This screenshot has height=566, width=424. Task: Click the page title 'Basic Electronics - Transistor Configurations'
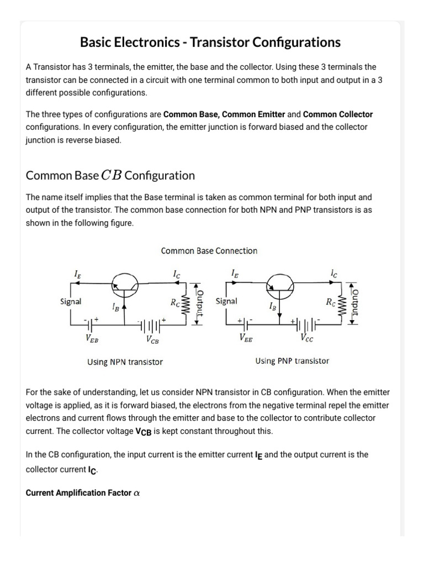[210, 42]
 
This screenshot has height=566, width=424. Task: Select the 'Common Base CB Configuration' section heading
[110, 175]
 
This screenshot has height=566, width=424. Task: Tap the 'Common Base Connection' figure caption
[209, 251]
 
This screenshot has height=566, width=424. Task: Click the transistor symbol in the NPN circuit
[124, 284]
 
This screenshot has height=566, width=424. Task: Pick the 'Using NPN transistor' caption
[125, 362]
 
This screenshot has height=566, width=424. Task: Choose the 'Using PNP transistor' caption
[292, 361]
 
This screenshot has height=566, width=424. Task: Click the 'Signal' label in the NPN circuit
[71, 302]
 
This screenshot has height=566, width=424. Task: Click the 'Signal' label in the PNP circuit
[226, 301]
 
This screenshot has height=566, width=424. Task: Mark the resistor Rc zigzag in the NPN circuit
[186, 303]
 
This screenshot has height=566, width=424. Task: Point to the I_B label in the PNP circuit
[273, 306]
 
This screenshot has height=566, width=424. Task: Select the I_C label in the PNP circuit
[333, 273]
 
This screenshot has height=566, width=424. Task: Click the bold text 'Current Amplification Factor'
[78, 493]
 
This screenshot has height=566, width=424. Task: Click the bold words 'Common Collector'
[338, 114]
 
